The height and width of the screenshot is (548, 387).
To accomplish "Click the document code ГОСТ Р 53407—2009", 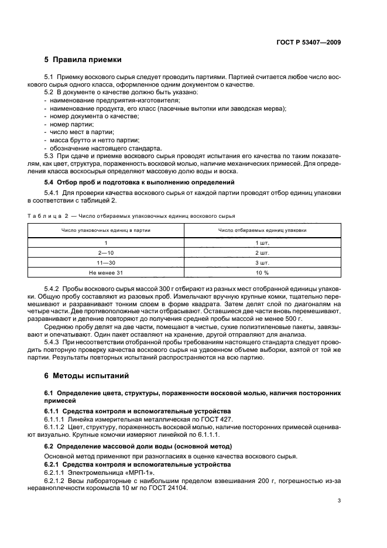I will coord(310,42).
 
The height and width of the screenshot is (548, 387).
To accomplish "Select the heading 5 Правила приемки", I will coord(83,60).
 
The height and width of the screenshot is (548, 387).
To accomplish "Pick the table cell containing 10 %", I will coord(262,273).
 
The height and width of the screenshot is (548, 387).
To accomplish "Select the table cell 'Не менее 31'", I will coord(106,273).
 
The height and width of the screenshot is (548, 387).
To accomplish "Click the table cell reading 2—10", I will coord(106,252).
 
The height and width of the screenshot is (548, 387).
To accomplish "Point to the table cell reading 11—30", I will coord(106,262).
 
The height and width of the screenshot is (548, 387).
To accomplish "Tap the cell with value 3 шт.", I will coord(262,262).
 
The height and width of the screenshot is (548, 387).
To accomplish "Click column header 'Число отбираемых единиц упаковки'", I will coord(262,230).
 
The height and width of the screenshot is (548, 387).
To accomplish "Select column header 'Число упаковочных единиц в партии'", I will coord(106,230).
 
